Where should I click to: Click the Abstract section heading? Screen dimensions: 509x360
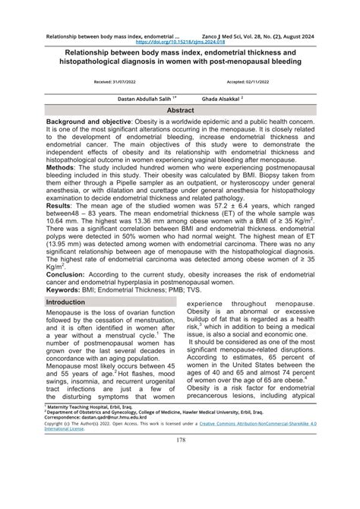[x=180, y=109]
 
